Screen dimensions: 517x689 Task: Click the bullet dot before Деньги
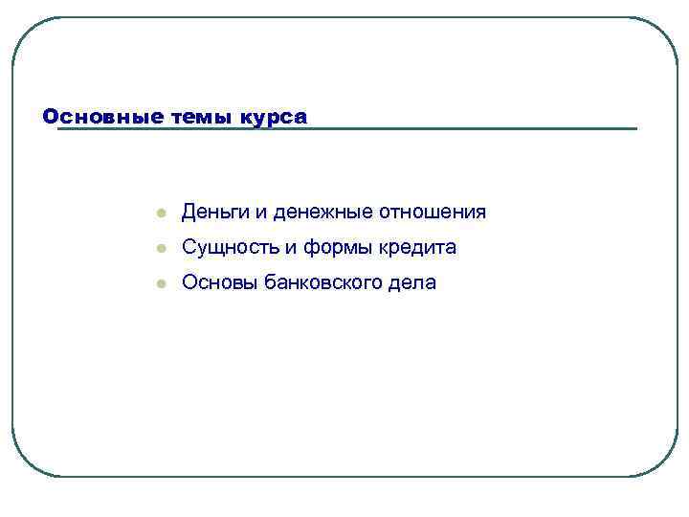point(163,213)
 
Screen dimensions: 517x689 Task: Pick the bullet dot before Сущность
point(163,249)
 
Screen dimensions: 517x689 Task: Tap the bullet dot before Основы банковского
point(163,284)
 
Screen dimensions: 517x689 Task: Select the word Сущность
point(228,248)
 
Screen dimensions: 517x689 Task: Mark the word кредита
point(414,248)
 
